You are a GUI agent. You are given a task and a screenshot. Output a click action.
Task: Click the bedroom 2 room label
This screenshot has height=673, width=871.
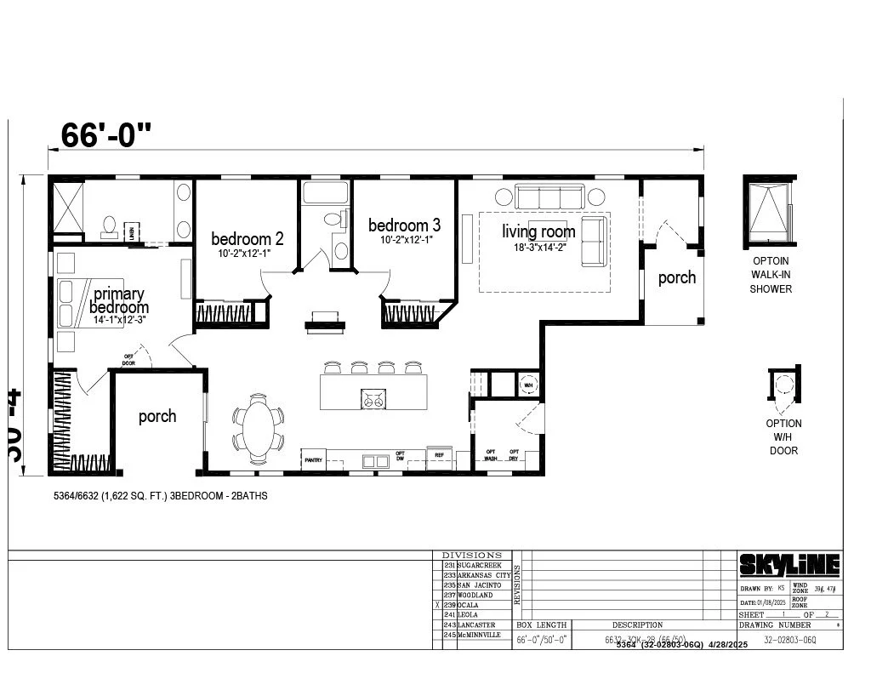tap(247, 239)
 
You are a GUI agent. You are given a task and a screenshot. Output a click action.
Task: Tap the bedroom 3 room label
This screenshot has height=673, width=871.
tap(404, 225)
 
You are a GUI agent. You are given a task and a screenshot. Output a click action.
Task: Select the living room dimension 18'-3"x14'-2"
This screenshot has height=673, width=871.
tap(538, 248)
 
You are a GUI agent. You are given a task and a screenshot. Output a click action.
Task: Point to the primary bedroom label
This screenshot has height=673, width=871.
tap(119, 300)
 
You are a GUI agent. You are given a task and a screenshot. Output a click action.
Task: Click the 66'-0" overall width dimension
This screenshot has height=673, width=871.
tap(106, 134)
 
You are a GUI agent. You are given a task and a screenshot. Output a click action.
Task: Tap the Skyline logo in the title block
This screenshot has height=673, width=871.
tap(788, 564)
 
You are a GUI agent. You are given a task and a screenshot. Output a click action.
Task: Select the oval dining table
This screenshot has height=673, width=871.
tap(259, 429)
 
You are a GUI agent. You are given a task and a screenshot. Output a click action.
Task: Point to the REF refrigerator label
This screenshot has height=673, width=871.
tap(440, 455)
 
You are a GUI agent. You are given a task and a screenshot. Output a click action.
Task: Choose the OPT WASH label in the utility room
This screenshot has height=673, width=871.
tap(491, 454)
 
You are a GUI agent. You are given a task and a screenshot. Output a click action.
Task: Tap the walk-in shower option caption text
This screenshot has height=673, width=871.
tap(770, 275)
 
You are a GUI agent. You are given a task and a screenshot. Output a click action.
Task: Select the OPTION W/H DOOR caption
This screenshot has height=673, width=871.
tap(783, 436)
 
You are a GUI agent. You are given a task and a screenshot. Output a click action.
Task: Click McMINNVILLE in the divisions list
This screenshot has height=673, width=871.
tap(483, 635)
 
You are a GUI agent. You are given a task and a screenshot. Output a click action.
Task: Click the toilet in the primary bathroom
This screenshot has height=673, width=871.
tap(109, 225)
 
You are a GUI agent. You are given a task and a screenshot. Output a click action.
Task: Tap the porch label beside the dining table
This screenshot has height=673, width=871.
tap(157, 416)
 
